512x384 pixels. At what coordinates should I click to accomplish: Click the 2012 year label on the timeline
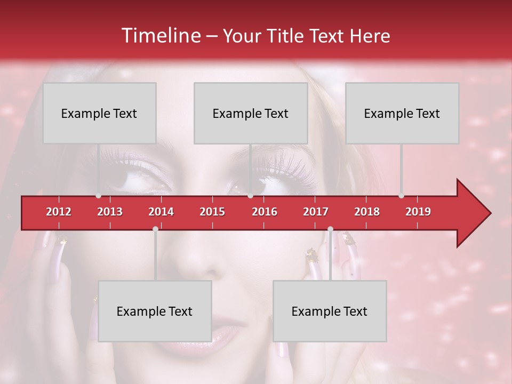pyautogui.click(x=59, y=212)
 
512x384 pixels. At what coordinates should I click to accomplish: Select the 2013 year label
pyautogui.click(x=110, y=212)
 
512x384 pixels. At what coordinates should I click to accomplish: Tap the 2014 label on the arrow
pyautogui.click(x=161, y=212)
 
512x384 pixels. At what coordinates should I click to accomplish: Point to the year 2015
pyautogui.click(x=212, y=212)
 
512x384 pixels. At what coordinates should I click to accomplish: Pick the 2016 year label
pyautogui.click(x=265, y=212)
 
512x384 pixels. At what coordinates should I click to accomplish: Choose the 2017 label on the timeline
pyautogui.click(x=316, y=212)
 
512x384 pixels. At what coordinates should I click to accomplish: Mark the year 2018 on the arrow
pyautogui.click(x=367, y=212)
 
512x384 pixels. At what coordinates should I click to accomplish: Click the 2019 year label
pyautogui.click(x=418, y=212)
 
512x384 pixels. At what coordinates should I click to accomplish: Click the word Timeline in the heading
pyautogui.click(x=160, y=36)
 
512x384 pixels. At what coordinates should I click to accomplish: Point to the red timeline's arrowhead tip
pyautogui.click(x=490, y=213)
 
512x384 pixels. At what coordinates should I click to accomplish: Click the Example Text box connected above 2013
pyautogui.click(x=99, y=113)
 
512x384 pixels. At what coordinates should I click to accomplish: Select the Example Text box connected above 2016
pyautogui.click(x=251, y=113)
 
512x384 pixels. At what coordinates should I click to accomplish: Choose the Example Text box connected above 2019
pyautogui.click(x=402, y=113)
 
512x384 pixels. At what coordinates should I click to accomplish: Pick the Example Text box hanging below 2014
pyautogui.click(x=155, y=311)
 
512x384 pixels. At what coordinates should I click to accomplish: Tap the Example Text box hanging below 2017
pyautogui.click(x=330, y=311)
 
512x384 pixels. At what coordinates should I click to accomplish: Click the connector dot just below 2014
pyautogui.click(x=155, y=229)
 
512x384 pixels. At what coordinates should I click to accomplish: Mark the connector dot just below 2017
pyautogui.click(x=330, y=229)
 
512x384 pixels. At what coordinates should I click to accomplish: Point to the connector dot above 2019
pyautogui.click(x=401, y=196)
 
